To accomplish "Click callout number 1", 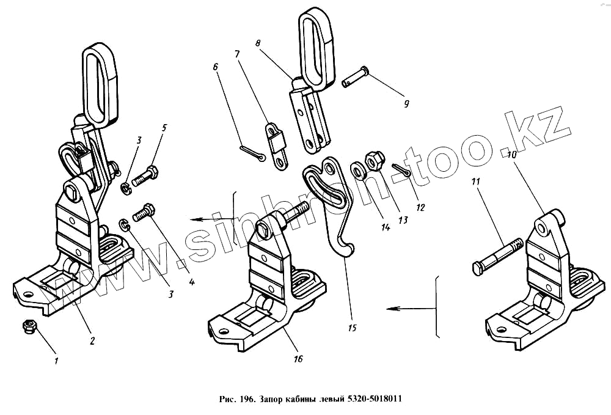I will click(56, 361).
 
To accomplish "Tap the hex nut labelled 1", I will click(28, 327).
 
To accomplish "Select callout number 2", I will click(92, 341).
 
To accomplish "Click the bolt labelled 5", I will click(145, 178).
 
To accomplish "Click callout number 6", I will click(216, 66).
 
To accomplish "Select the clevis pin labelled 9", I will click(355, 76).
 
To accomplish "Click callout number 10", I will click(511, 156).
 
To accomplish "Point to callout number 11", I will click(476, 182).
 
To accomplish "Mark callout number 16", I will click(298, 359).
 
